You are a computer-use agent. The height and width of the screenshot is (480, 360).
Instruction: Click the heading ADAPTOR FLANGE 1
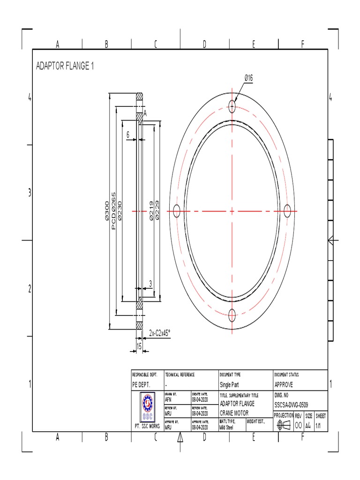65,66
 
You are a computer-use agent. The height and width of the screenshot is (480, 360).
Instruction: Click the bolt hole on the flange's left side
177,211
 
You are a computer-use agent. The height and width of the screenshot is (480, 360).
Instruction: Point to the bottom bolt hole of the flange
232,315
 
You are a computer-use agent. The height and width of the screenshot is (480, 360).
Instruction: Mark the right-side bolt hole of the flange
287,211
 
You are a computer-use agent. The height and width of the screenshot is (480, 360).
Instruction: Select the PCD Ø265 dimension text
113,210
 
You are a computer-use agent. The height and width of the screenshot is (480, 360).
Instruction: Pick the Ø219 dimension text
151,211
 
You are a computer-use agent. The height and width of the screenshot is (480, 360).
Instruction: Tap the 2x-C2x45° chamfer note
160,332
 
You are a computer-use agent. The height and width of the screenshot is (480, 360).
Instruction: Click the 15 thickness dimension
139,346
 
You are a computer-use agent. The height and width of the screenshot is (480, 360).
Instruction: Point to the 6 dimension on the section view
127,134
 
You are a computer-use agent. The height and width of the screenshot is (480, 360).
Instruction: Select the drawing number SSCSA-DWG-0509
291,405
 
